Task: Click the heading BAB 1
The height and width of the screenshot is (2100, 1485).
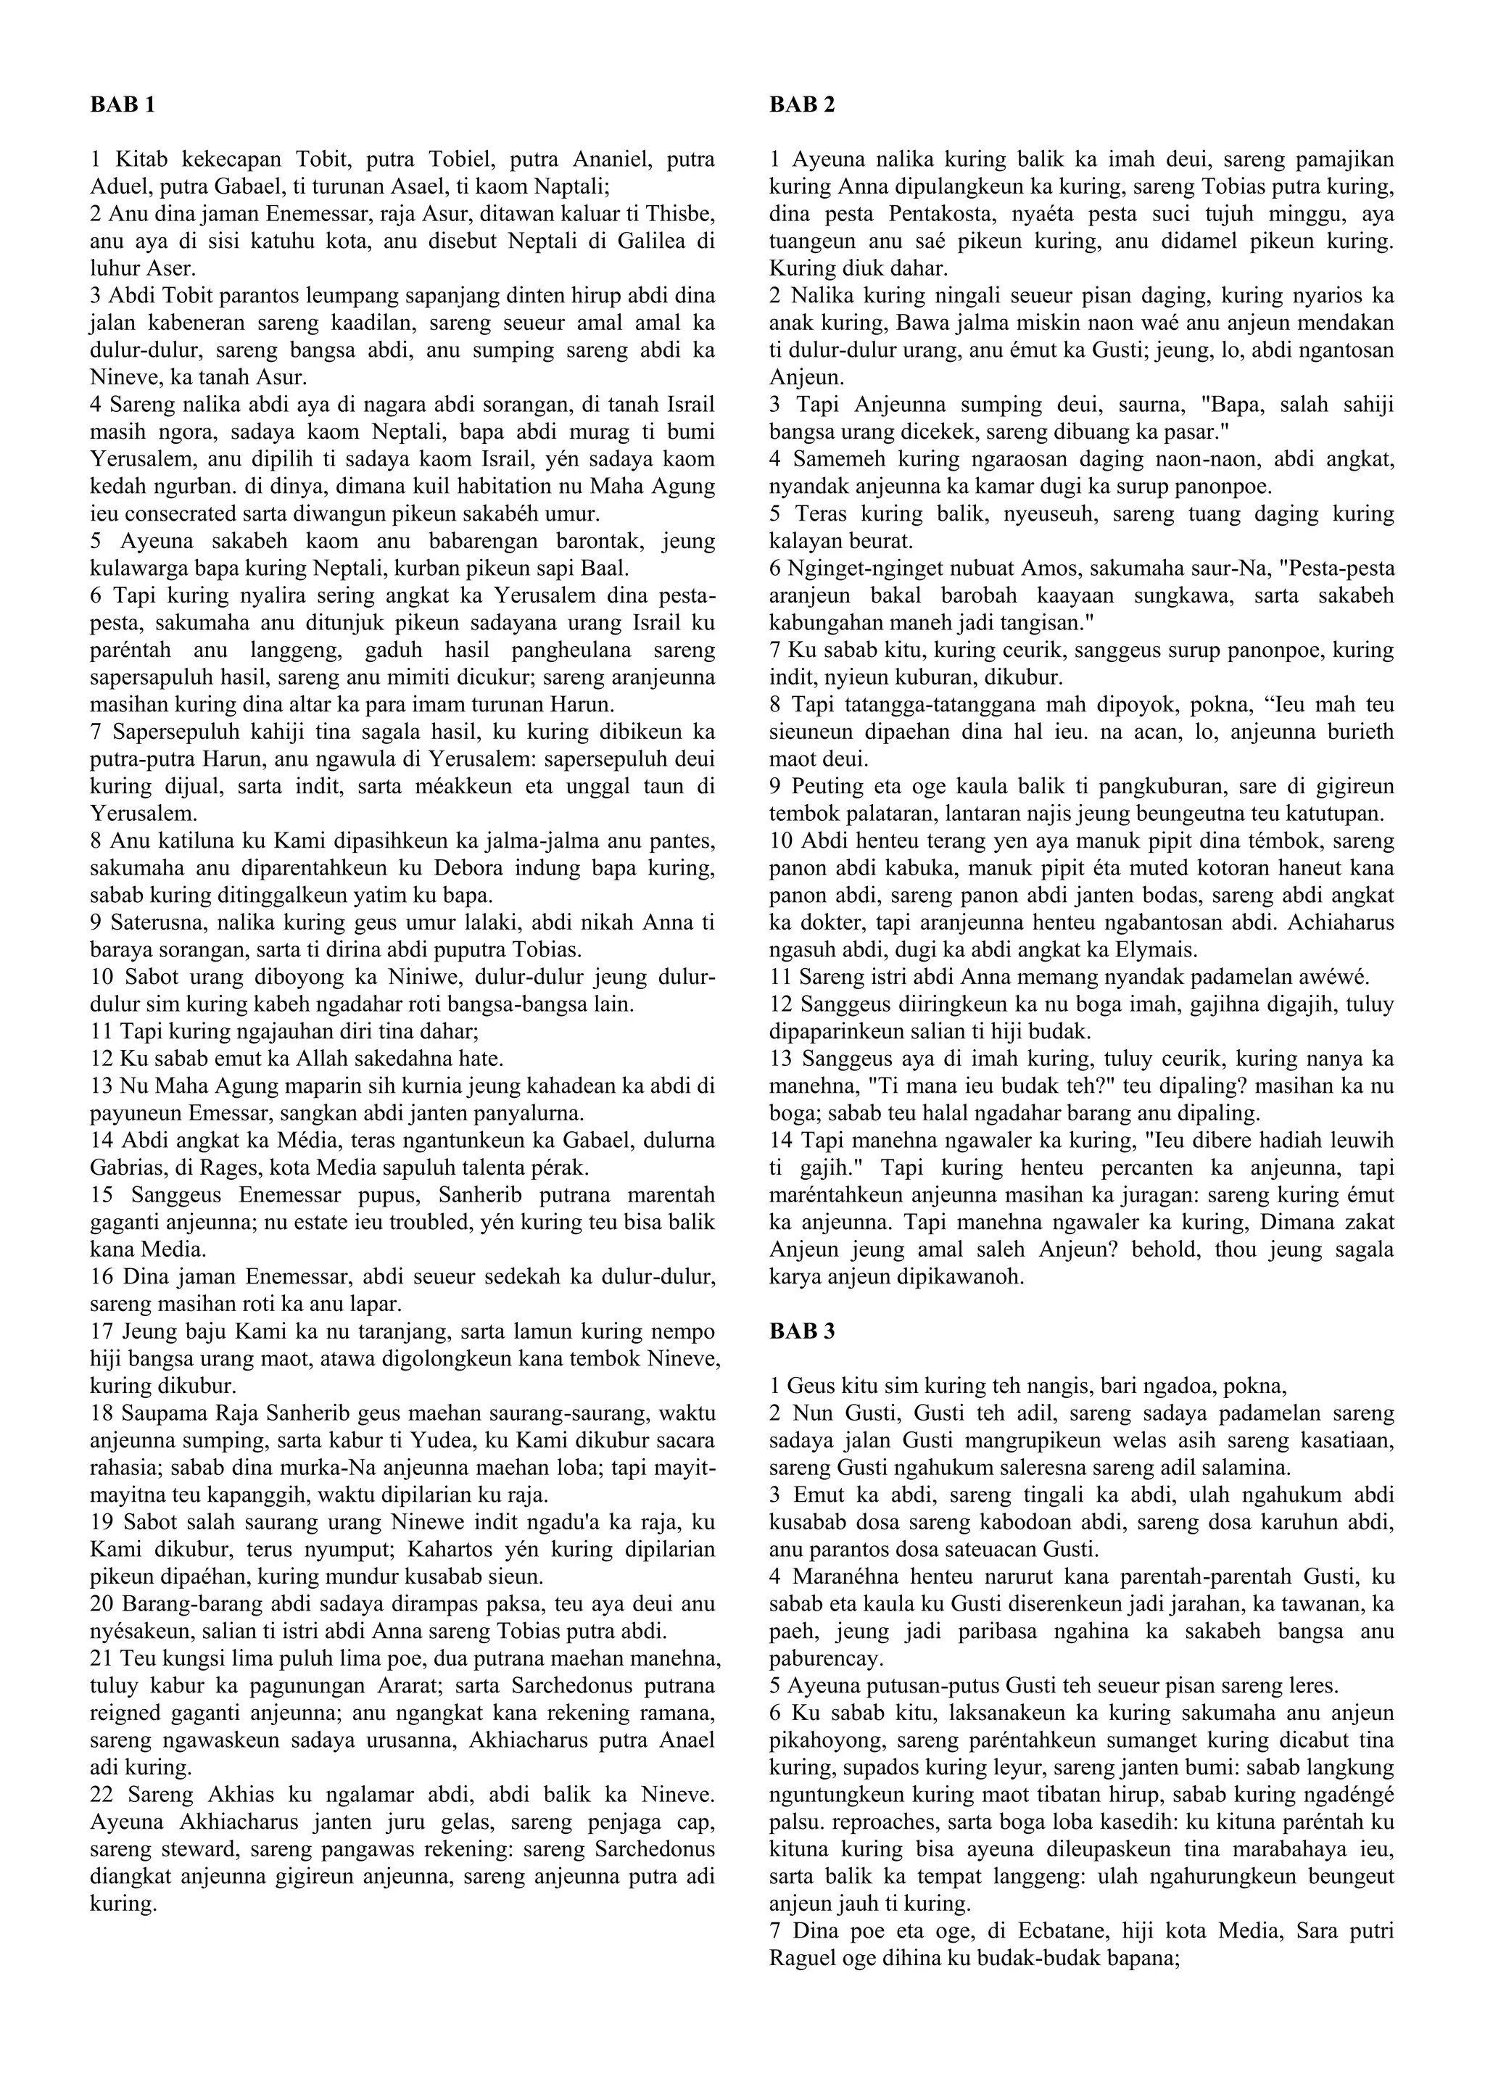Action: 123,105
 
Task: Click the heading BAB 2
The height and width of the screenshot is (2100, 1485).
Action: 802,105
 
